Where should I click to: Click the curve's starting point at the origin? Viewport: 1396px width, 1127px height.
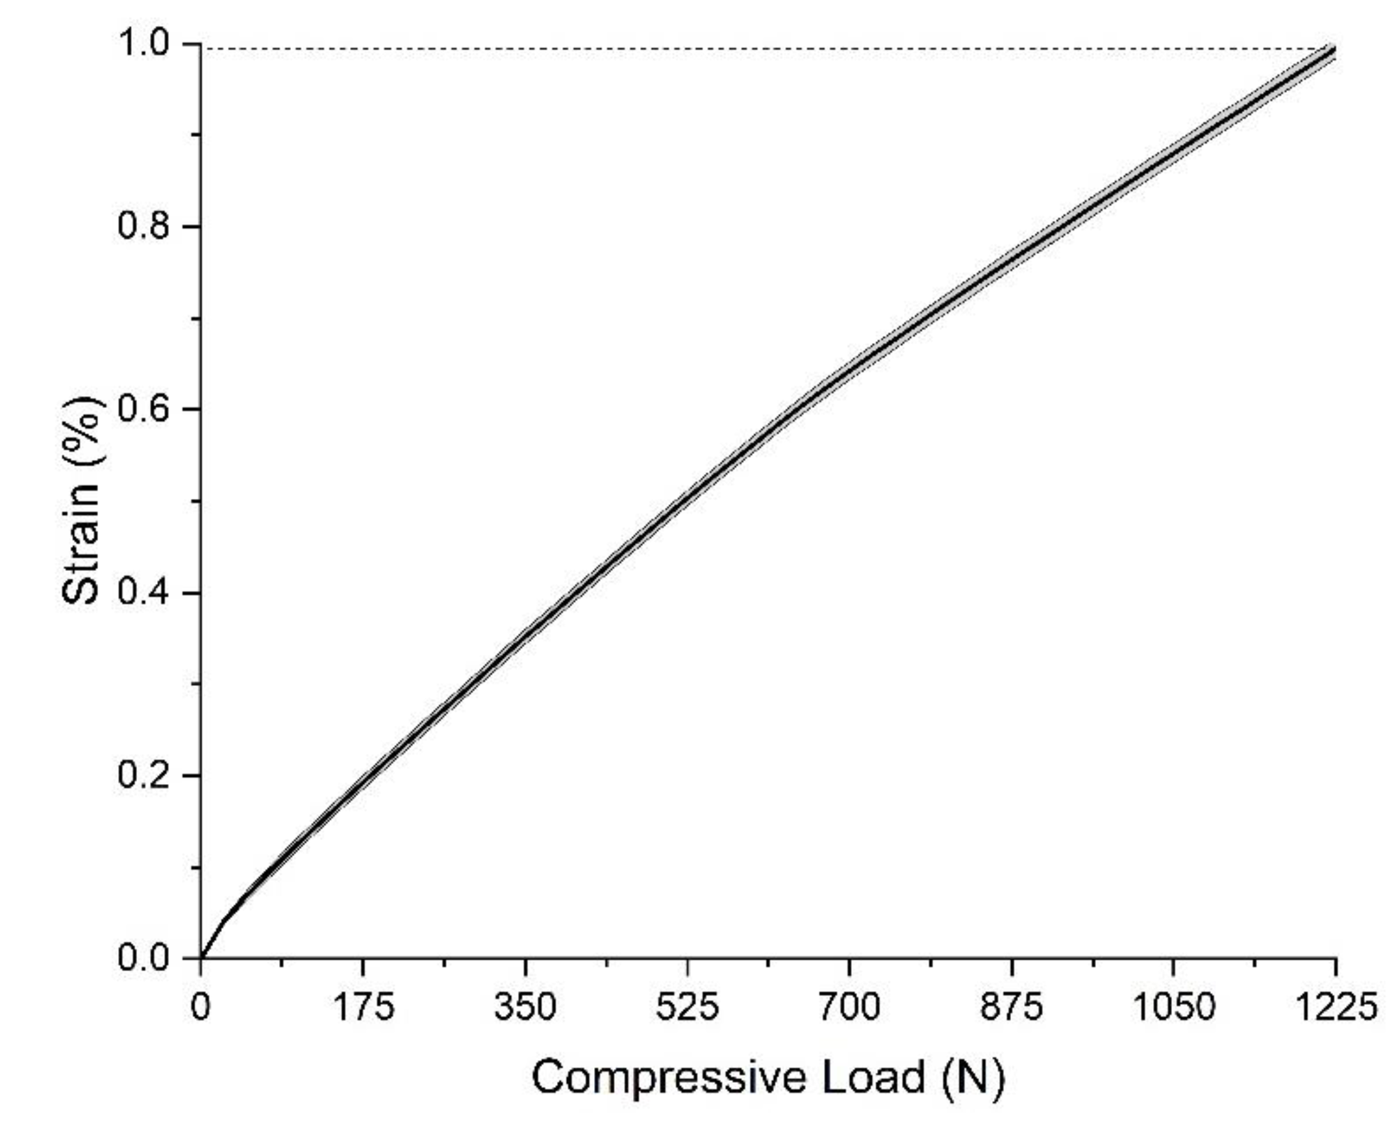(x=201, y=957)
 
